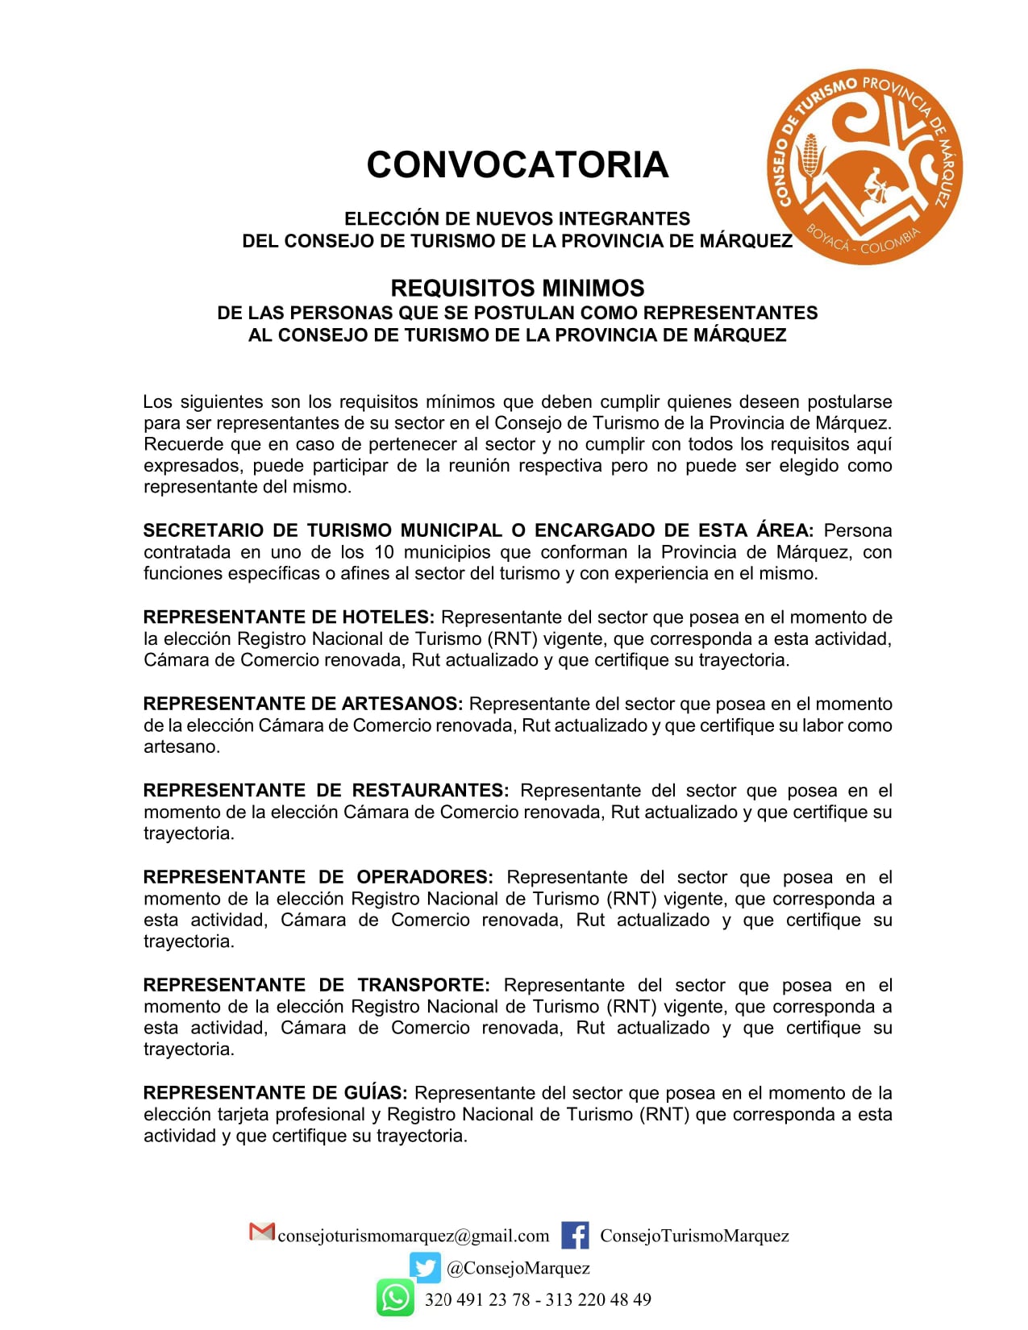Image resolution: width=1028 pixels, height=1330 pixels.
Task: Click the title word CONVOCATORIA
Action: [x=517, y=164]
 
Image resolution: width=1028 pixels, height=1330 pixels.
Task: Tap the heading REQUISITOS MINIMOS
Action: [x=517, y=288]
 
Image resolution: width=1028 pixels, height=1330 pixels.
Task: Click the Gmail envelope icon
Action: [x=261, y=1232]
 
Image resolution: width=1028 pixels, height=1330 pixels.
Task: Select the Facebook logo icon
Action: [x=575, y=1236]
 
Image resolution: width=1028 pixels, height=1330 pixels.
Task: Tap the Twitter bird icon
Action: [x=424, y=1267]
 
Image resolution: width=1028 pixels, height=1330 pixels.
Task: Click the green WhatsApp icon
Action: [x=395, y=1298]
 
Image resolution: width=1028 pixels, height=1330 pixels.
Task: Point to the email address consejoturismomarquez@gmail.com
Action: [x=413, y=1236]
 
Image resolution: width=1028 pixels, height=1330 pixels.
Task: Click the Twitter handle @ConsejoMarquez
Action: [x=518, y=1268]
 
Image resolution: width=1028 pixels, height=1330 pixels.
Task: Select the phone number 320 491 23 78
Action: [x=477, y=1299]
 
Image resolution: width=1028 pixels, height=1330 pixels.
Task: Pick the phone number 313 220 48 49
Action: [x=598, y=1299]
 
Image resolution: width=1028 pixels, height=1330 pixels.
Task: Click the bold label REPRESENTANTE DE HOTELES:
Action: [x=289, y=617]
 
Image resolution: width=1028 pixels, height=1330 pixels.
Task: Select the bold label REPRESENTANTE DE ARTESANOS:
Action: [x=303, y=704]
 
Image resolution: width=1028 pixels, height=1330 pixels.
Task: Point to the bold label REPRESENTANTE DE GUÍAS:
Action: [x=275, y=1093]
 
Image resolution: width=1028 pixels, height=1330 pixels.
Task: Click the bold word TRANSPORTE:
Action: [x=423, y=985]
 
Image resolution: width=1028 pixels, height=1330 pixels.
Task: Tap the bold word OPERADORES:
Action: [x=425, y=877]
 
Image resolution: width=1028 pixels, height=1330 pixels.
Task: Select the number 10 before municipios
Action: [x=384, y=552]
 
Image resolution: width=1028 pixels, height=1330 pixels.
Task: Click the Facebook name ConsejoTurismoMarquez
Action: [x=694, y=1236]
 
